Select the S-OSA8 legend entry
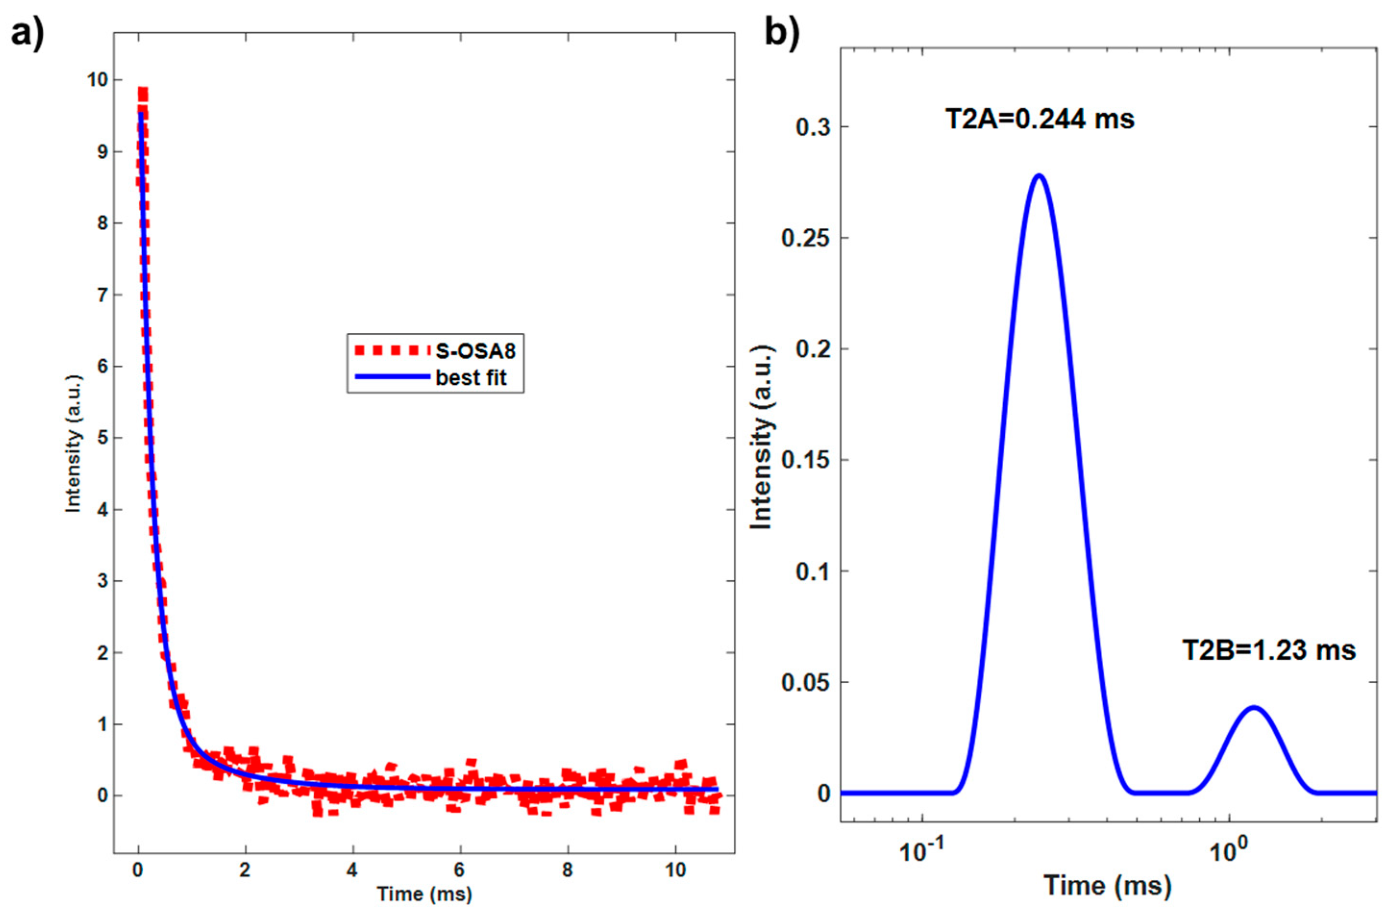pyautogui.click(x=475, y=351)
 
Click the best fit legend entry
pyautogui.click(x=470, y=377)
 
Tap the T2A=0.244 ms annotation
pyautogui.click(x=1040, y=120)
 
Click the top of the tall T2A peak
pyautogui.click(x=1038, y=175)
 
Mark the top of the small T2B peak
pyautogui.click(x=1254, y=707)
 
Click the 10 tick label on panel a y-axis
pyautogui.click(x=97, y=80)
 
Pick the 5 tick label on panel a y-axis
pyautogui.click(x=102, y=438)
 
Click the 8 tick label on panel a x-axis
pyautogui.click(x=567, y=870)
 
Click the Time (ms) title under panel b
pyautogui.click(x=1108, y=886)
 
